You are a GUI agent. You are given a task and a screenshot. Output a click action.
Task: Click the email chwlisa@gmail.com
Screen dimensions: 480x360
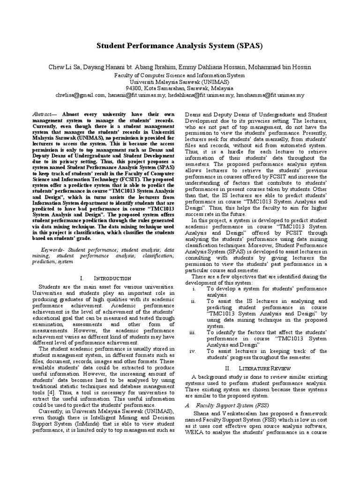click(82, 94)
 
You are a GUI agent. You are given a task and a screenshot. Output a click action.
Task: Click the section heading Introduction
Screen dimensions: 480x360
click(105, 278)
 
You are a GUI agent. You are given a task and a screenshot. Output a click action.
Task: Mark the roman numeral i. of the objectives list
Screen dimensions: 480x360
click(194, 289)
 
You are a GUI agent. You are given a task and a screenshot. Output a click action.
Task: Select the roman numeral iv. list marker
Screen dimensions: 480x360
click(193, 351)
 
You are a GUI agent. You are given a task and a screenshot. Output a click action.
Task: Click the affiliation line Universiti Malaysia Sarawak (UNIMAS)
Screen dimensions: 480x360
click(180, 81)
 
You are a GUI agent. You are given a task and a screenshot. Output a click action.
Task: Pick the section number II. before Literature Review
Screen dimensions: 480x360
click(228, 368)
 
